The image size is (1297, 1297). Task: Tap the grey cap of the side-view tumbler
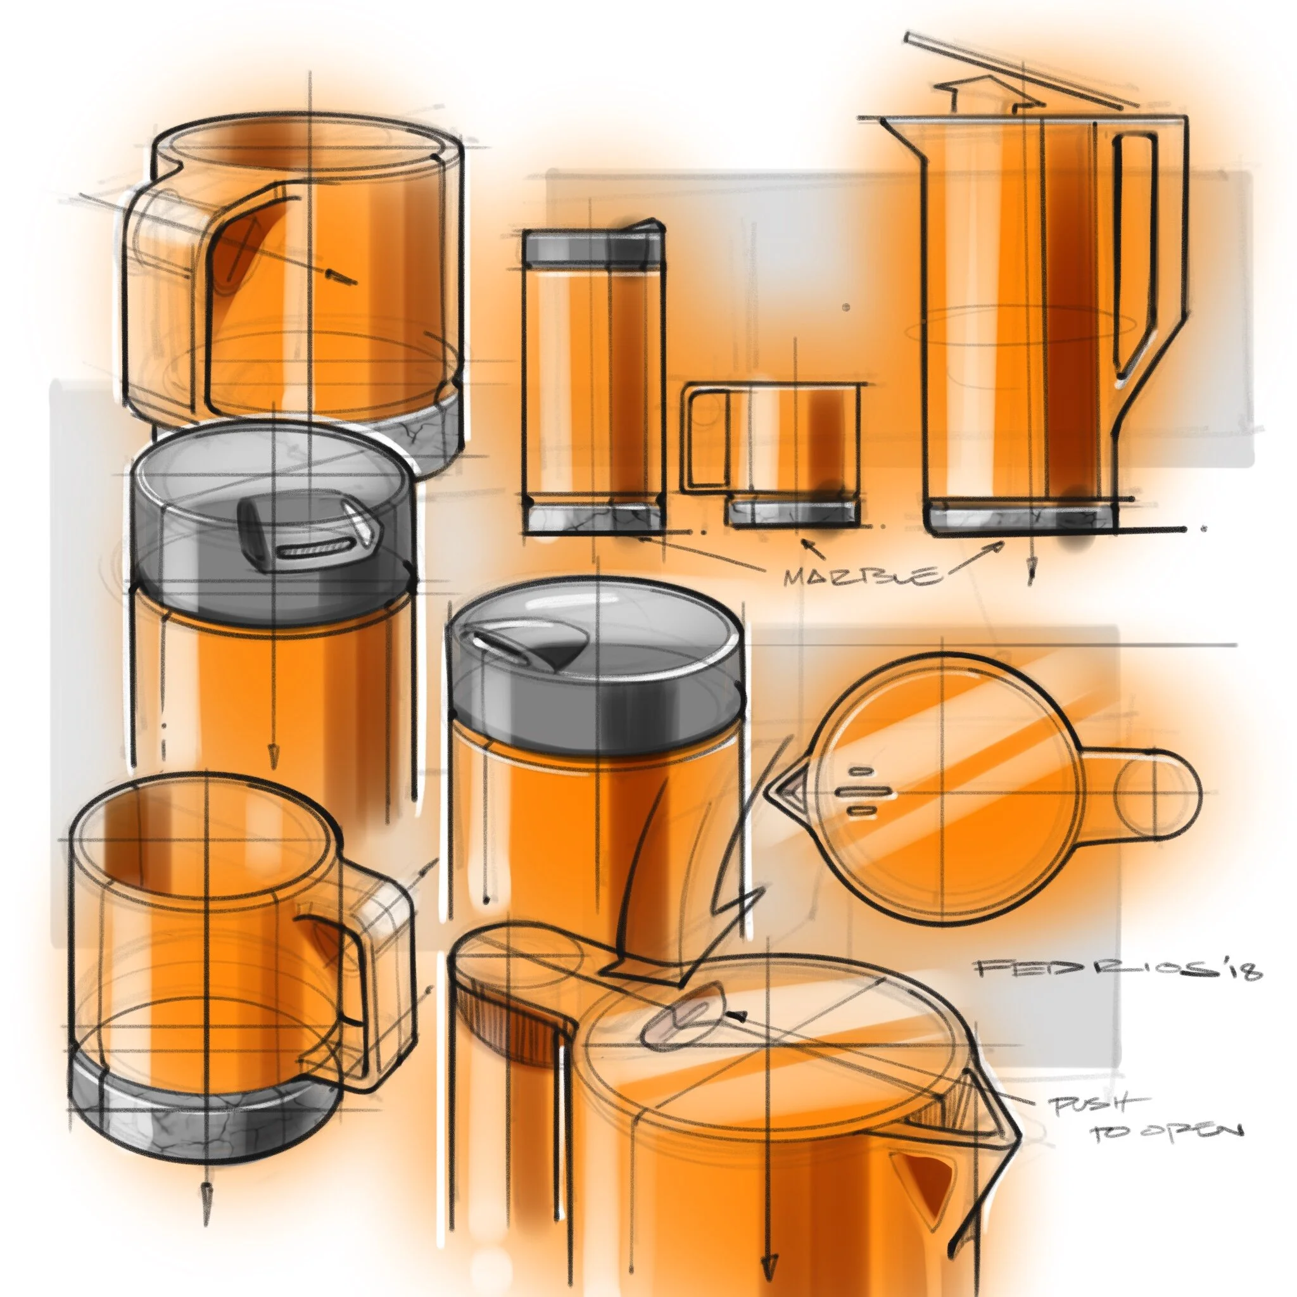[593, 249]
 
